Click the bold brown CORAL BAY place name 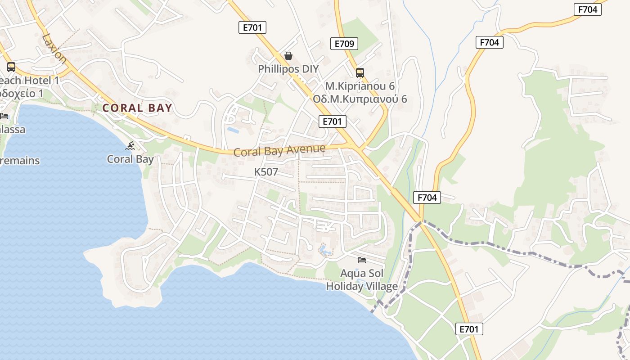(x=137, y=108)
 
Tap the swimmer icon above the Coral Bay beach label (x=130, y=146)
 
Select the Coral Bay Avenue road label (x=279, y=150)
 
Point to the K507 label (x=266, y=172)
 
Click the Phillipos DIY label (x=288, y=69)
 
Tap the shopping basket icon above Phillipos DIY (x=288, y=56)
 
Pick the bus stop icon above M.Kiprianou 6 (x=360, y=72)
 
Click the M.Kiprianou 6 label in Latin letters (x=360, y=86)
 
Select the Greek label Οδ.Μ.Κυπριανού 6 (x=360, y=99)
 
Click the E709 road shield (x=344, y=44)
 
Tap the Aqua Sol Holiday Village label (x=362, y=280)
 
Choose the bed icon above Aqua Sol (x=362, y=260)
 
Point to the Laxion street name (x=54, y=49)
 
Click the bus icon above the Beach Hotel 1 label (x=11, y=67)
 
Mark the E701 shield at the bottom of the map (x=469, y=329)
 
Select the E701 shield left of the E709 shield (x=252, y=27)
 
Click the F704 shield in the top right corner (x=588, y=9)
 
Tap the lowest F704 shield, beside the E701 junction (x=427, y=197)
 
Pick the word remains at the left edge (x=20, y=161)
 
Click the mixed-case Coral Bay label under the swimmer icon (x=130, y=159)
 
